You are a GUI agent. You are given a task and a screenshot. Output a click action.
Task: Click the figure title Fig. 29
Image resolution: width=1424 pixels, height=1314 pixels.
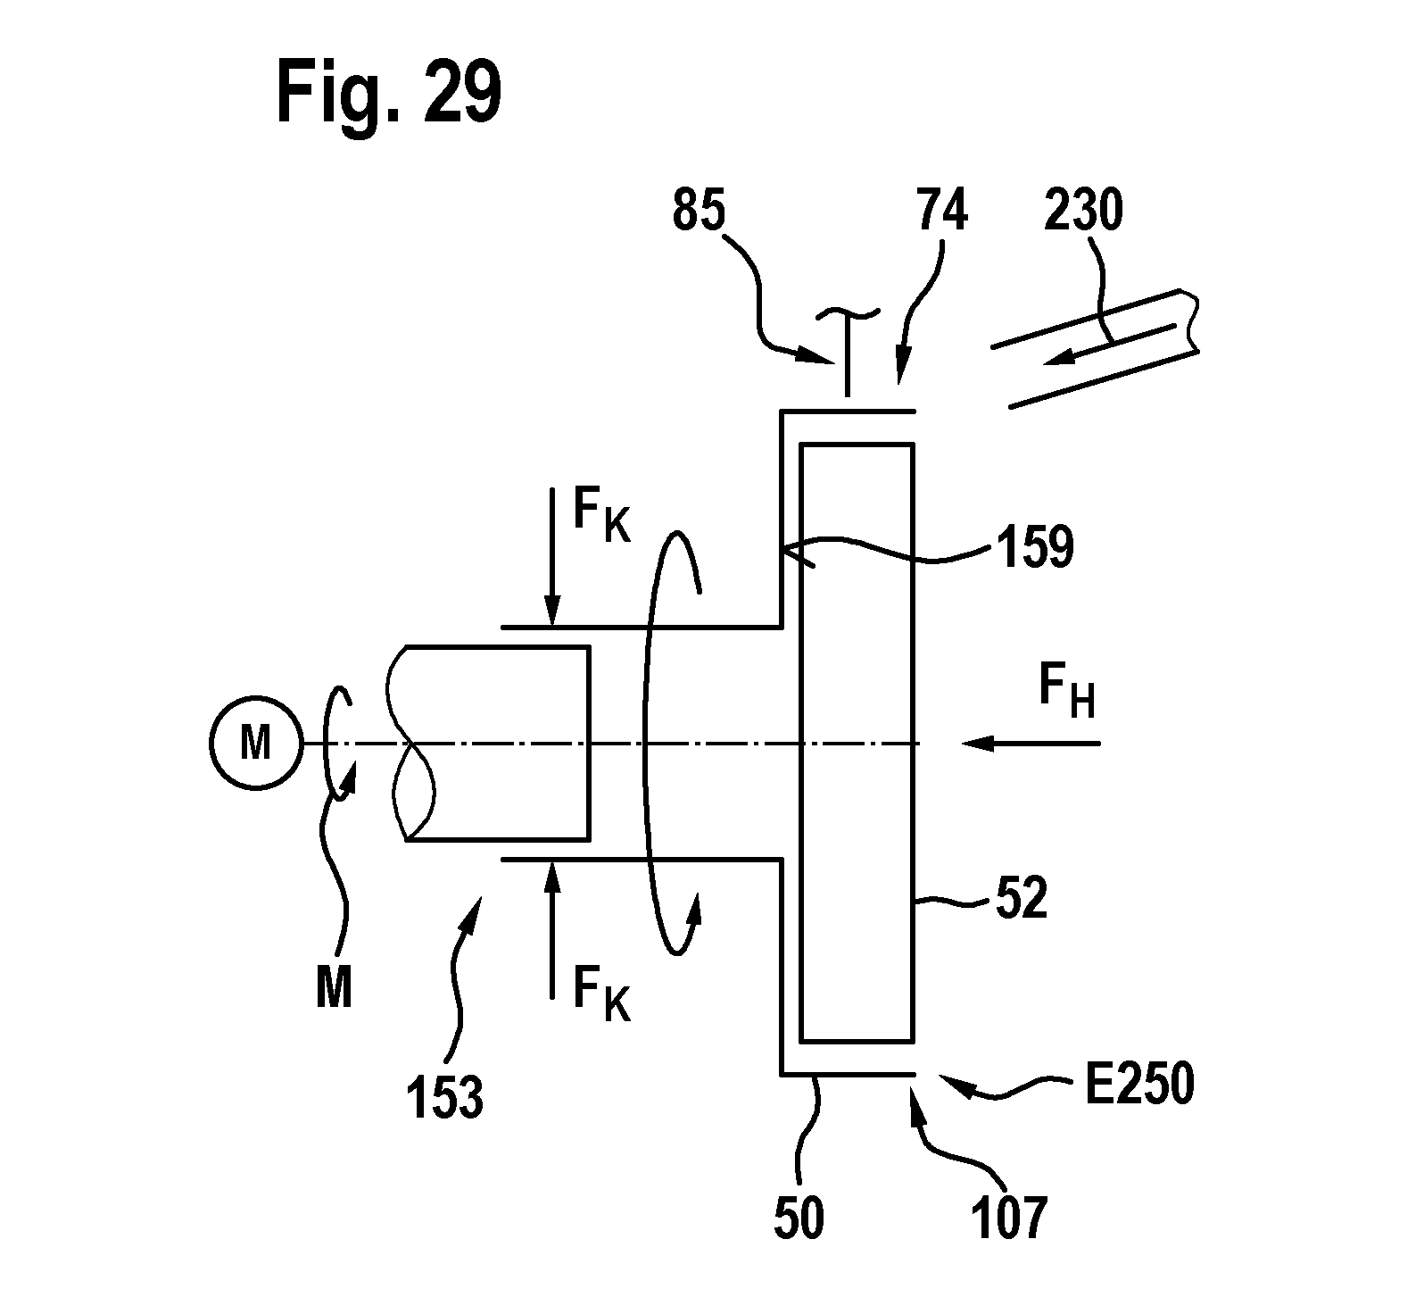(x=388, y=92)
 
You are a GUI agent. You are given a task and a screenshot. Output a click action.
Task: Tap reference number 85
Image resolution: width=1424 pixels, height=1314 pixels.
(x=699, y=212)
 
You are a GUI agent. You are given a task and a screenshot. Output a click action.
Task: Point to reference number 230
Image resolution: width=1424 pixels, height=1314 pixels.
(x=1081, y=212)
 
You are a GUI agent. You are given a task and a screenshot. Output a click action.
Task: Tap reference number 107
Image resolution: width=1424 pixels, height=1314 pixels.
(x=1007, y=1219)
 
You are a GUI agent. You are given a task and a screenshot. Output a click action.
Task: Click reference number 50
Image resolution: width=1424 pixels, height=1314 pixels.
(x=799, y=1219)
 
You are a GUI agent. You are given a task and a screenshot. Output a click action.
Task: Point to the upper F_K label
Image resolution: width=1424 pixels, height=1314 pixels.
(x=600, y=515)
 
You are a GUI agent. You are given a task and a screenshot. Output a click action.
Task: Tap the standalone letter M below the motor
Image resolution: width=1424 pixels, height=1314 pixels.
(x=335, y=987)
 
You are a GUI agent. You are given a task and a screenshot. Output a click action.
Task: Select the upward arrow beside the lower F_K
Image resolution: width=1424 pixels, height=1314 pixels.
(x=552, y=928)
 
